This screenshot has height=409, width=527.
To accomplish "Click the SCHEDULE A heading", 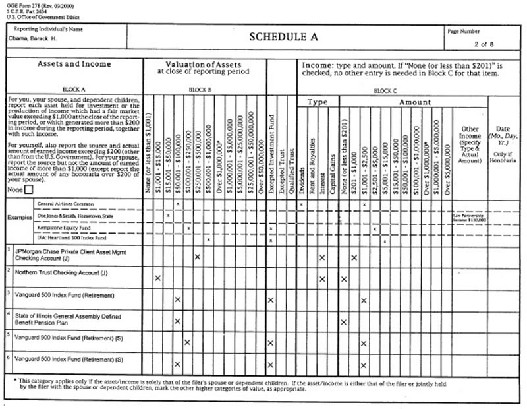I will pos(283,37).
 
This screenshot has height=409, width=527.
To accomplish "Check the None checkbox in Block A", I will pos(28,189).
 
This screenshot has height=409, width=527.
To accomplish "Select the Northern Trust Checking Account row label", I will pos(59,273).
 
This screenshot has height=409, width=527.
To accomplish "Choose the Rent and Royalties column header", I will pos(312,156).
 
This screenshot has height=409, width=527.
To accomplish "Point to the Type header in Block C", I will pos(318,102).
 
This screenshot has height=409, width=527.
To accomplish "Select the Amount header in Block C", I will pos(415,102).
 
